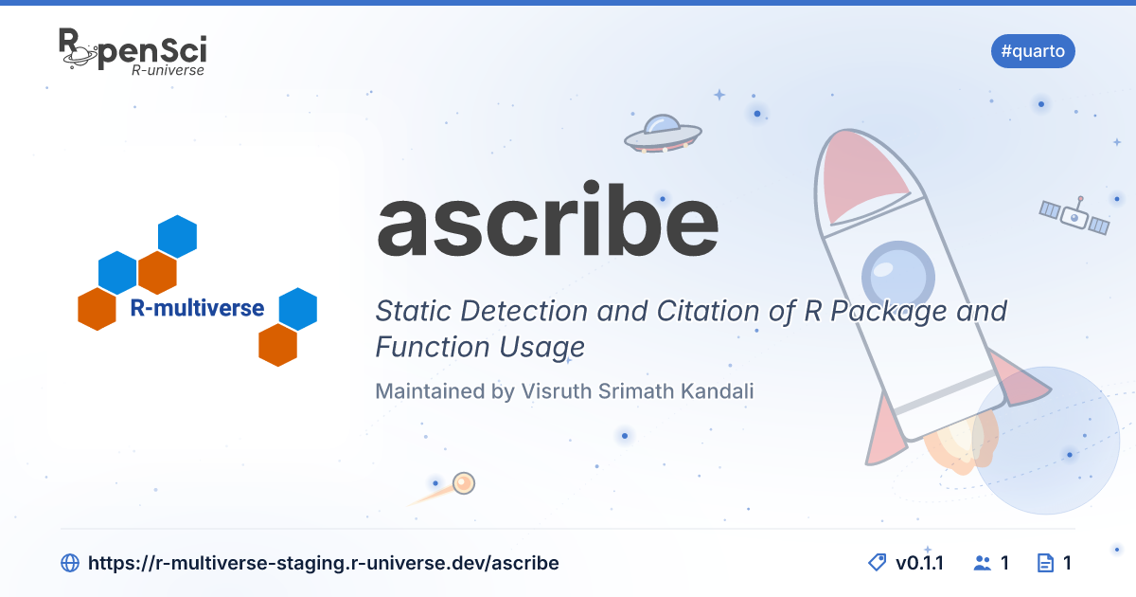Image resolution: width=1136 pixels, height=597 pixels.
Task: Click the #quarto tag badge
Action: pos(1033,51)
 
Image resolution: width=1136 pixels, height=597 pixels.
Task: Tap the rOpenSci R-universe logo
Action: pos(133,52)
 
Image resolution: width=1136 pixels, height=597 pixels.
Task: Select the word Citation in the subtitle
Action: pos(708,311)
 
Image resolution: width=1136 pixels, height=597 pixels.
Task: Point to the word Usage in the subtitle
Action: pos(541,347)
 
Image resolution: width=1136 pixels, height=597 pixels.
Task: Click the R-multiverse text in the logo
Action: pos(197,308)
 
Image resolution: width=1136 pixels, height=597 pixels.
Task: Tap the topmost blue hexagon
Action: pos(178,236)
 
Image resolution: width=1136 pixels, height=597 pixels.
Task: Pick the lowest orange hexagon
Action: pos(278,345)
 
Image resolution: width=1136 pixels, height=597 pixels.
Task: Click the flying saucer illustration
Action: pos(663,134)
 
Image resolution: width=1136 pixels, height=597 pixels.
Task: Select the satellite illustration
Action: pos(1074,216)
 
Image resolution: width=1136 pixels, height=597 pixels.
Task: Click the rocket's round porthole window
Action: pos(898,277)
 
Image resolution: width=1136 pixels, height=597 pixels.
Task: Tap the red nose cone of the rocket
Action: pos(862,175)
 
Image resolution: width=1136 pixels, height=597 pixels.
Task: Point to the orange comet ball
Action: pos(464,482)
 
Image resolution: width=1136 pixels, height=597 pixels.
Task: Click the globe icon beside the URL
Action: pos(70,563)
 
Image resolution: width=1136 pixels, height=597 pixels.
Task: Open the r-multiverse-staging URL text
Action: pos(324,563)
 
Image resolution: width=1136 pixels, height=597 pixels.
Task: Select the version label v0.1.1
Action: pos(919,563)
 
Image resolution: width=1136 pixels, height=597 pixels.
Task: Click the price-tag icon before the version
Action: pos(878,563)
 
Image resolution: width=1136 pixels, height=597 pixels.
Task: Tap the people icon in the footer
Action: pos(983,563)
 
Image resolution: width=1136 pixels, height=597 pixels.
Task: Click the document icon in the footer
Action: pos(1045,563)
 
